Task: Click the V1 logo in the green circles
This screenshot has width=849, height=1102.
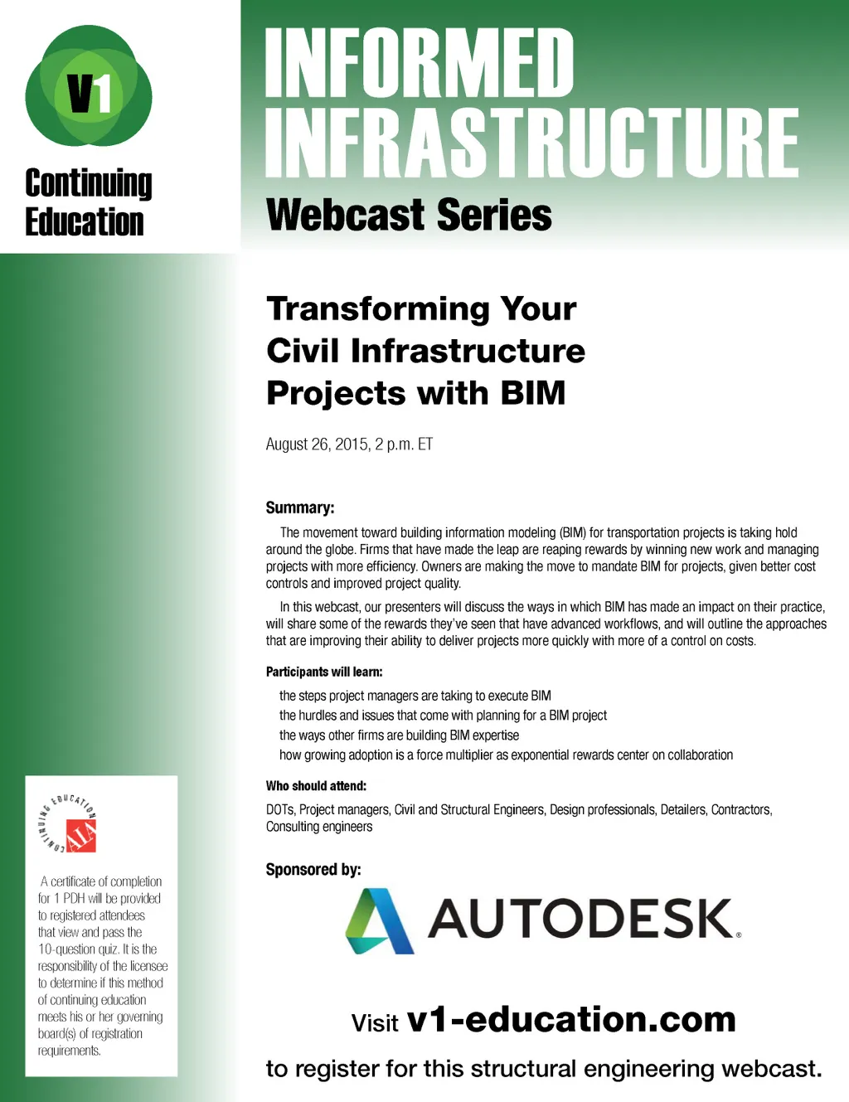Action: click(x=89, y=85)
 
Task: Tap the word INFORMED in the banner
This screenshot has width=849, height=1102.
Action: click(x=420, y=62)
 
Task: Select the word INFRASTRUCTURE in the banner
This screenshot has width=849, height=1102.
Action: click(x=531, y=143)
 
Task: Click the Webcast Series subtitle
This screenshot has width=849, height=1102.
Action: click(x=409, y=215)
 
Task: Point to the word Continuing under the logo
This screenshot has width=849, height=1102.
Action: click(x=88, y=184)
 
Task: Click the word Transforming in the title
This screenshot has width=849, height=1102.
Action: click(x=377, y=310)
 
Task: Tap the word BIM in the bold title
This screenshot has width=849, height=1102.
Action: click(x=533, y=393)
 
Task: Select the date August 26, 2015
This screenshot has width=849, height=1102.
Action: click(x=318, y=444)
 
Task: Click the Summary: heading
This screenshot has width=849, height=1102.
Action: click(x=300, y=507)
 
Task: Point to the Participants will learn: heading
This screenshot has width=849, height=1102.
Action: click(x=324, y=672)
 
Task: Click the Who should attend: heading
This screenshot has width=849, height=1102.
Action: click(x=316, y=786)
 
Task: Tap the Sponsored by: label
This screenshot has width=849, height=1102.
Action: click(x=313, y=870)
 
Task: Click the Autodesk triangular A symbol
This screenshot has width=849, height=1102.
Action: click(x=380, y=920)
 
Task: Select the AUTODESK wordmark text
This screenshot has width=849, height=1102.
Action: click(x=584, y=919)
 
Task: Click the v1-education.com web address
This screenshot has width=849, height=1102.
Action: click(x=571, y=1020)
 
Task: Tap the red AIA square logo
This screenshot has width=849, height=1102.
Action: click(x=81, y=836)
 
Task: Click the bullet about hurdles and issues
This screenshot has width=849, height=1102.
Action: click(x=443, y=716)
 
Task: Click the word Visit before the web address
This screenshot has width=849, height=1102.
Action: click(x=375, y=1023)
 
